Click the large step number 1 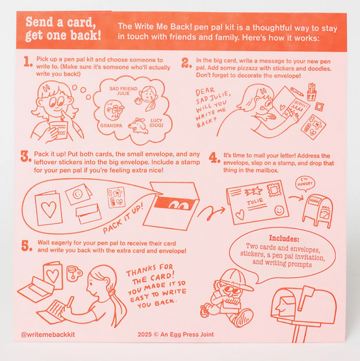tap(28, 62)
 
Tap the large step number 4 tap(214, 158)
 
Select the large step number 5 tap(26, 245)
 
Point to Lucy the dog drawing tap(138, 126)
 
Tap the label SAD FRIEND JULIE tap(123, 91)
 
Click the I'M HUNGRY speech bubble tap(305, 184)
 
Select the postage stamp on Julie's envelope tap(275, 189)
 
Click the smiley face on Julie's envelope tap(279, 210)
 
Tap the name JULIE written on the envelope tap(255, 202)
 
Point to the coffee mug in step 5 tap(73, 273)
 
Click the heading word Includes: tap(284, 238)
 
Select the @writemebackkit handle tap(48, 335)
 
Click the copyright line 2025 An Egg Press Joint tap(176, 335)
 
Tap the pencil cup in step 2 tap(311, 92)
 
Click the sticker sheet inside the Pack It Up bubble tap(116, 197)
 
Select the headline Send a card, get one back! tap(63, 28)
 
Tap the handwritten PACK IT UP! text tap(123, 218)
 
